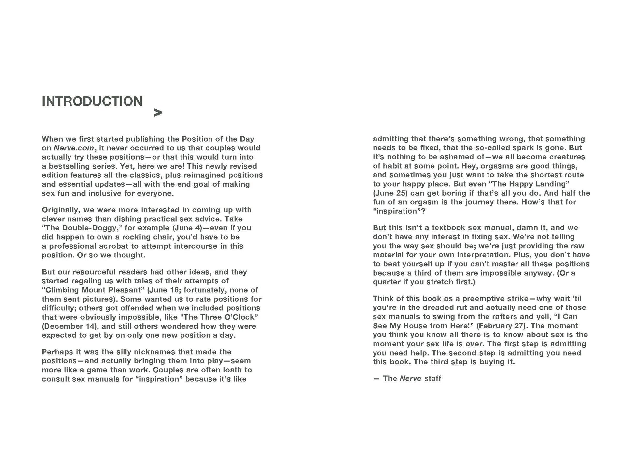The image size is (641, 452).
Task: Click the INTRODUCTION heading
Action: click(92, 101)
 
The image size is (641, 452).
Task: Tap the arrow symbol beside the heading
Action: click(158, 113)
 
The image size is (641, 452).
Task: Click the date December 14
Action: click(70, 326)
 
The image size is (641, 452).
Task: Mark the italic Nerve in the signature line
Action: click(410, 379)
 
